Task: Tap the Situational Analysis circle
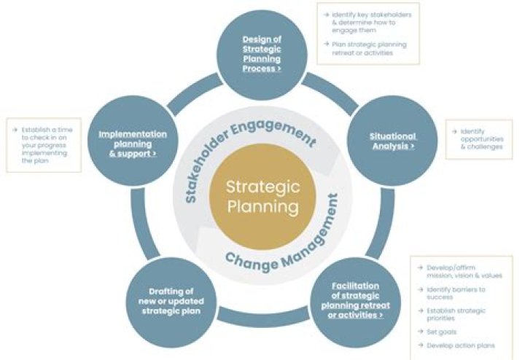click(393, 141)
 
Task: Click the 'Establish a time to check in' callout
click(45, 145)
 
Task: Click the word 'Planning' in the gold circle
click(262, 206)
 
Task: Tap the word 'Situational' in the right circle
click(392, 136)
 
